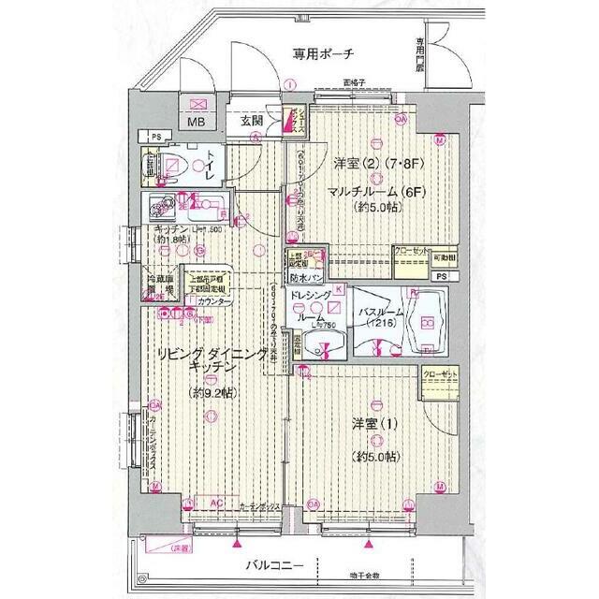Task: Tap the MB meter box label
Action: click(197, 122)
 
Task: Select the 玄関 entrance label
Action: click(252, 121)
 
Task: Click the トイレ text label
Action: click(213, 166)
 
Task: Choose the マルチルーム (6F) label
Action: click(373, 191)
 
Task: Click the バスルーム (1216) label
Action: click(375, 314)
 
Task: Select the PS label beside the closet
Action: click(440, 277)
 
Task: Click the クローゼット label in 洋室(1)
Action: click(440, 374)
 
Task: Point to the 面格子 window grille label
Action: click(353, 81)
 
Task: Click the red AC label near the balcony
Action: click(214, 502)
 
